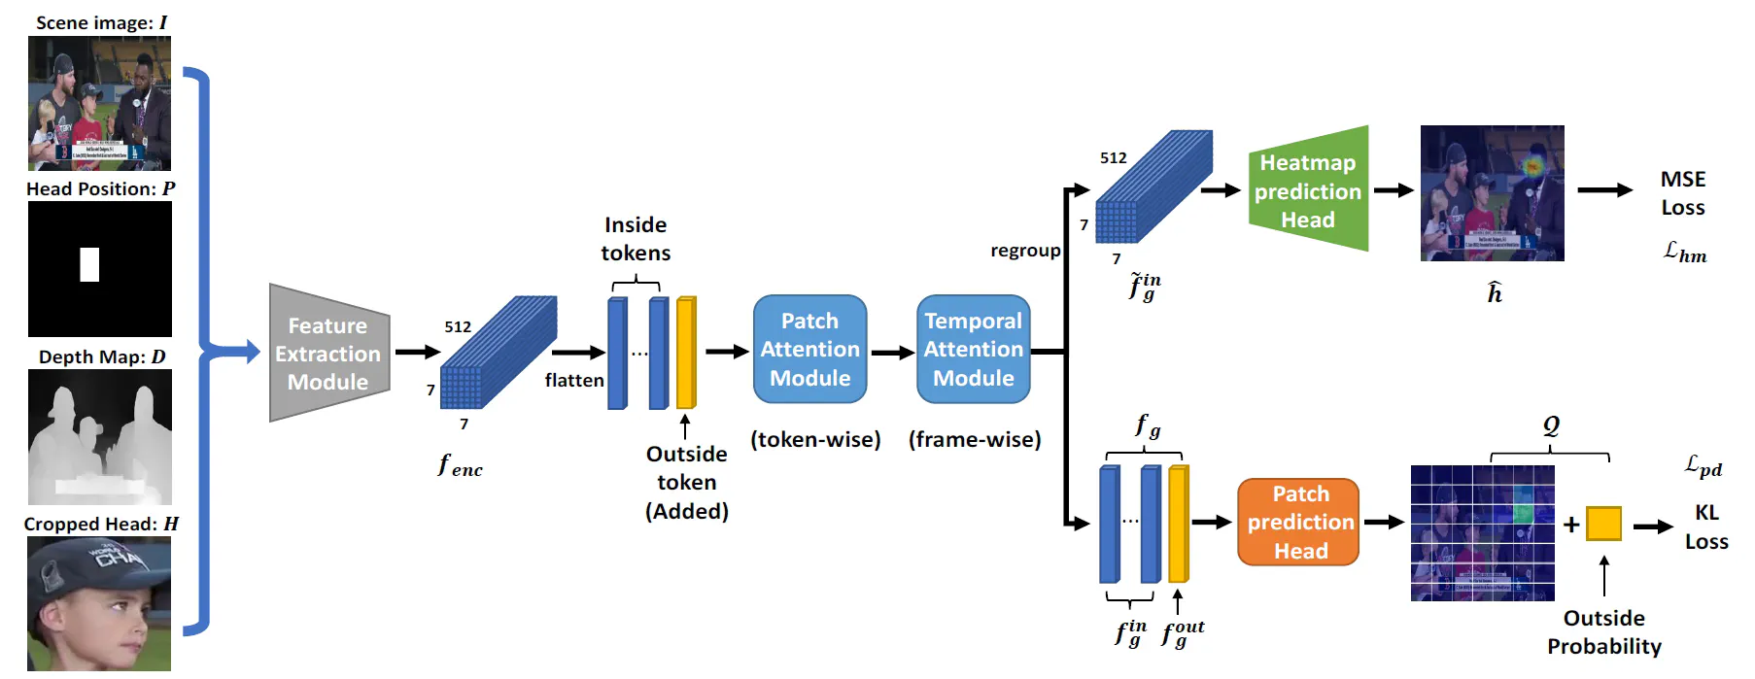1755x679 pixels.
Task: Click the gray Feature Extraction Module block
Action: coord(328,354)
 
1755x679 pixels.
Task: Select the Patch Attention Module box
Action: coord(809,350)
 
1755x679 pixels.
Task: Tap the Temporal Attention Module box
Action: coord(973,350)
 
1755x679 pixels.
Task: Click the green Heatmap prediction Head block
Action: coord(1308,190)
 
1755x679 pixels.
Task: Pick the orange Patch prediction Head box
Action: coord(1298,523)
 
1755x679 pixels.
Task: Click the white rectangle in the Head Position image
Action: coord(89,264)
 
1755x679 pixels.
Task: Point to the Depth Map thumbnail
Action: coord(100,437)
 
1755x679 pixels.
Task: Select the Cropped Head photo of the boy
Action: coord(99,603)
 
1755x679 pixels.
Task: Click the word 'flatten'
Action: coord(574,381)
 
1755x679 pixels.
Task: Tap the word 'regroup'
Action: coord(1025,251)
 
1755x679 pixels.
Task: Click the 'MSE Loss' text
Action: coord(1683,193)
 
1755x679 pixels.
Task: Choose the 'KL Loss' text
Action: coord(1706,526)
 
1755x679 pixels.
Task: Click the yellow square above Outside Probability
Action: coord(1603,524)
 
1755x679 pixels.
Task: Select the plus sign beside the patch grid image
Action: coord(1571,525)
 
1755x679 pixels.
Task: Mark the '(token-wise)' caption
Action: coord(815,440)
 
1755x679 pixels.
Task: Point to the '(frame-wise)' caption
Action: coord(975,440)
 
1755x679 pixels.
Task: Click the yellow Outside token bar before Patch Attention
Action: coord(686,353)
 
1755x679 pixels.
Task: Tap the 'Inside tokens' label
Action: coord(636,239)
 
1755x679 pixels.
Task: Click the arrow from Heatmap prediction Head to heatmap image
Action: coord(1393,190)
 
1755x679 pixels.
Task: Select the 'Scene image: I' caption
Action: coord(101,22)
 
